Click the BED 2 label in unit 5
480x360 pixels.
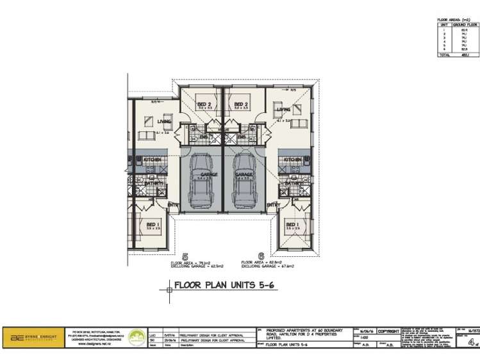pos(204,104)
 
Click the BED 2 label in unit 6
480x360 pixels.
pos(240,104)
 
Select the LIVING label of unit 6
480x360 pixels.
pos(283,110)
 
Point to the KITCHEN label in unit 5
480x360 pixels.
pos(152,159)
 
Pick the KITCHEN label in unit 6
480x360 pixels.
pos(293,159)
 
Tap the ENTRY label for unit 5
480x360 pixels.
pos(172,205)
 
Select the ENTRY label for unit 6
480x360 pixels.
pos(273,205)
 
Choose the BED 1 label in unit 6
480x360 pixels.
pos(292,224)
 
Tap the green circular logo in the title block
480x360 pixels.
pos(136,336)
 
